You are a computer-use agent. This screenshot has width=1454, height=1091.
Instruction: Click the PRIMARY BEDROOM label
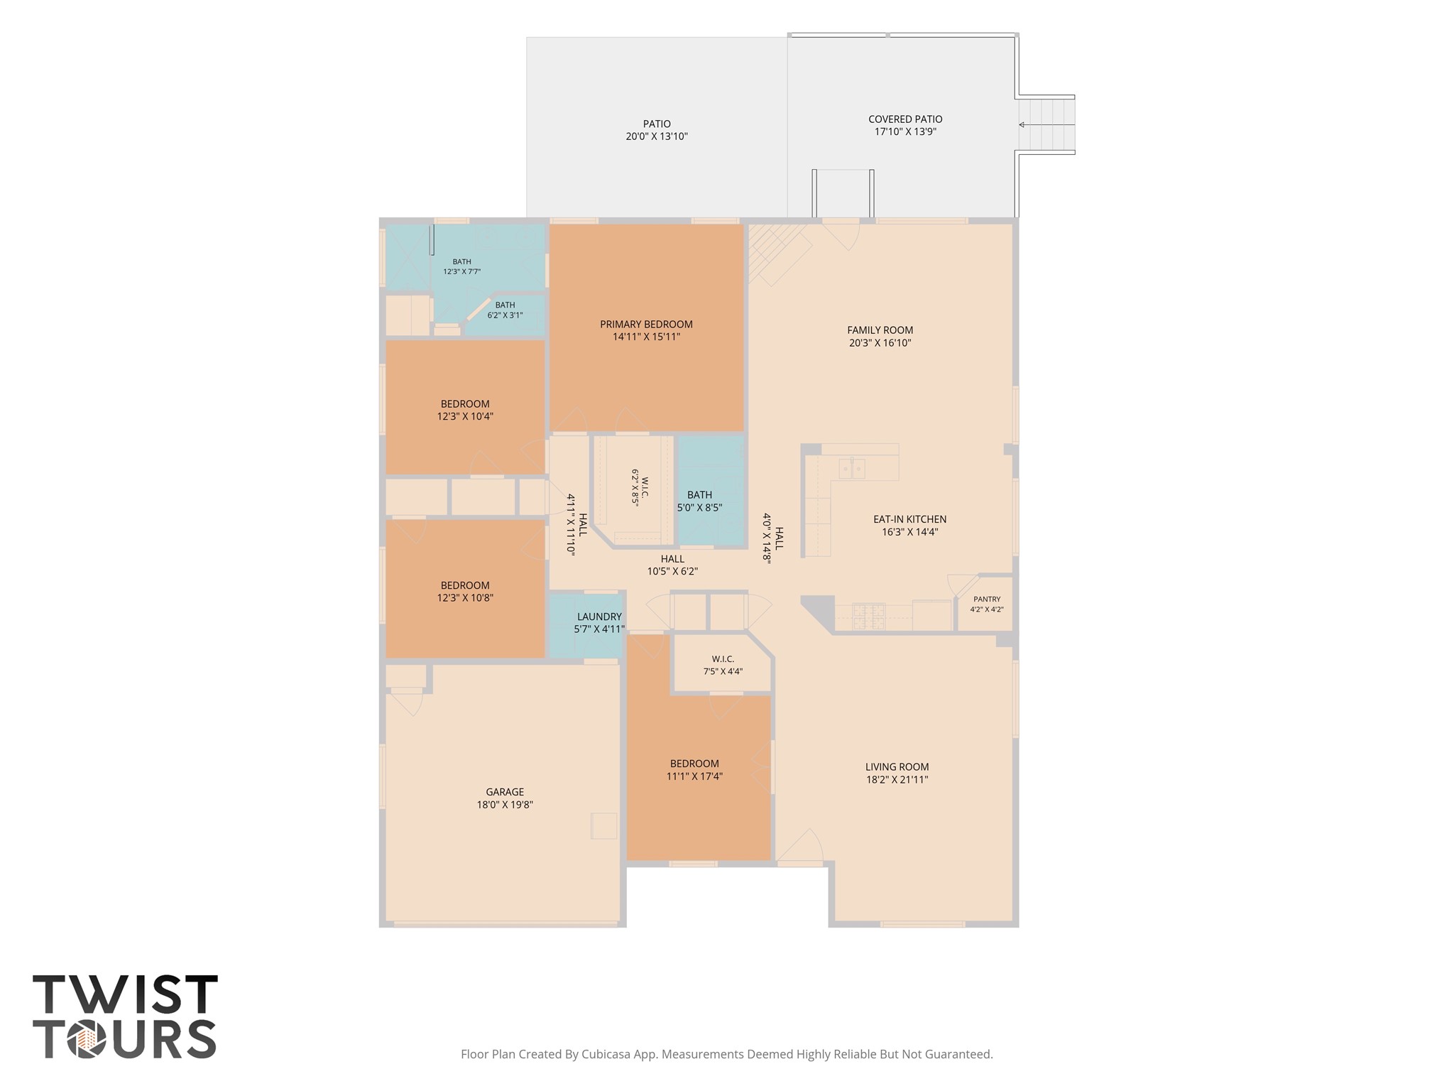(x=646, y=325)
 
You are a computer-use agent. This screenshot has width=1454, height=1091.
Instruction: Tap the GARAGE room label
(x=505, y=792)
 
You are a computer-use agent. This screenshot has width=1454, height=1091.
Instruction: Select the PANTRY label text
(x=987, y=599)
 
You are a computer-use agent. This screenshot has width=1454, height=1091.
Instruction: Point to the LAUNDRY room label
(x=599, y=617)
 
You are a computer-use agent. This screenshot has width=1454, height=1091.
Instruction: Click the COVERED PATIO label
(x=905, y=119)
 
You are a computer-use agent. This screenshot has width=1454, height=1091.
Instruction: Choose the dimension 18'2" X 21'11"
(x=897, y=779)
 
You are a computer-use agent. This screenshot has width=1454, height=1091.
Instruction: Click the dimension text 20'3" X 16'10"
(x=880, y=343)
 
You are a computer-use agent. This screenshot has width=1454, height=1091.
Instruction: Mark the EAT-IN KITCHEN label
(x=909, y=519)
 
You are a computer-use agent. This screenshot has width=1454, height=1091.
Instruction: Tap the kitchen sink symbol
(x=851, y=468)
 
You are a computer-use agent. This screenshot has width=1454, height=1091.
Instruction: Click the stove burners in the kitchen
(x=868, y=616)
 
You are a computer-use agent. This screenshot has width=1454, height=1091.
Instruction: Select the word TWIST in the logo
(x=125, y=994)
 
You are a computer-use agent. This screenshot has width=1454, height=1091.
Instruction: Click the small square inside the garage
(x=604, y=825)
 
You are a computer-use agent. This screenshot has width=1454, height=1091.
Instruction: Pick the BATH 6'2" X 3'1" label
(x=505, y=310)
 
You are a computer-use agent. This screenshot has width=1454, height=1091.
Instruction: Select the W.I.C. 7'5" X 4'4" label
(x=723, y=665)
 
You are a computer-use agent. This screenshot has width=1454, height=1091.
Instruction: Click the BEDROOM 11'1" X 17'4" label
(x=694, y=770)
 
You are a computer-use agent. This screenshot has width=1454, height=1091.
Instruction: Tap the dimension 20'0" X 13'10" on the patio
(x=657, y=136)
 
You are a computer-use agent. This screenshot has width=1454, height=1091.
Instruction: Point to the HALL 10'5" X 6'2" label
(x=672, y=565)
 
